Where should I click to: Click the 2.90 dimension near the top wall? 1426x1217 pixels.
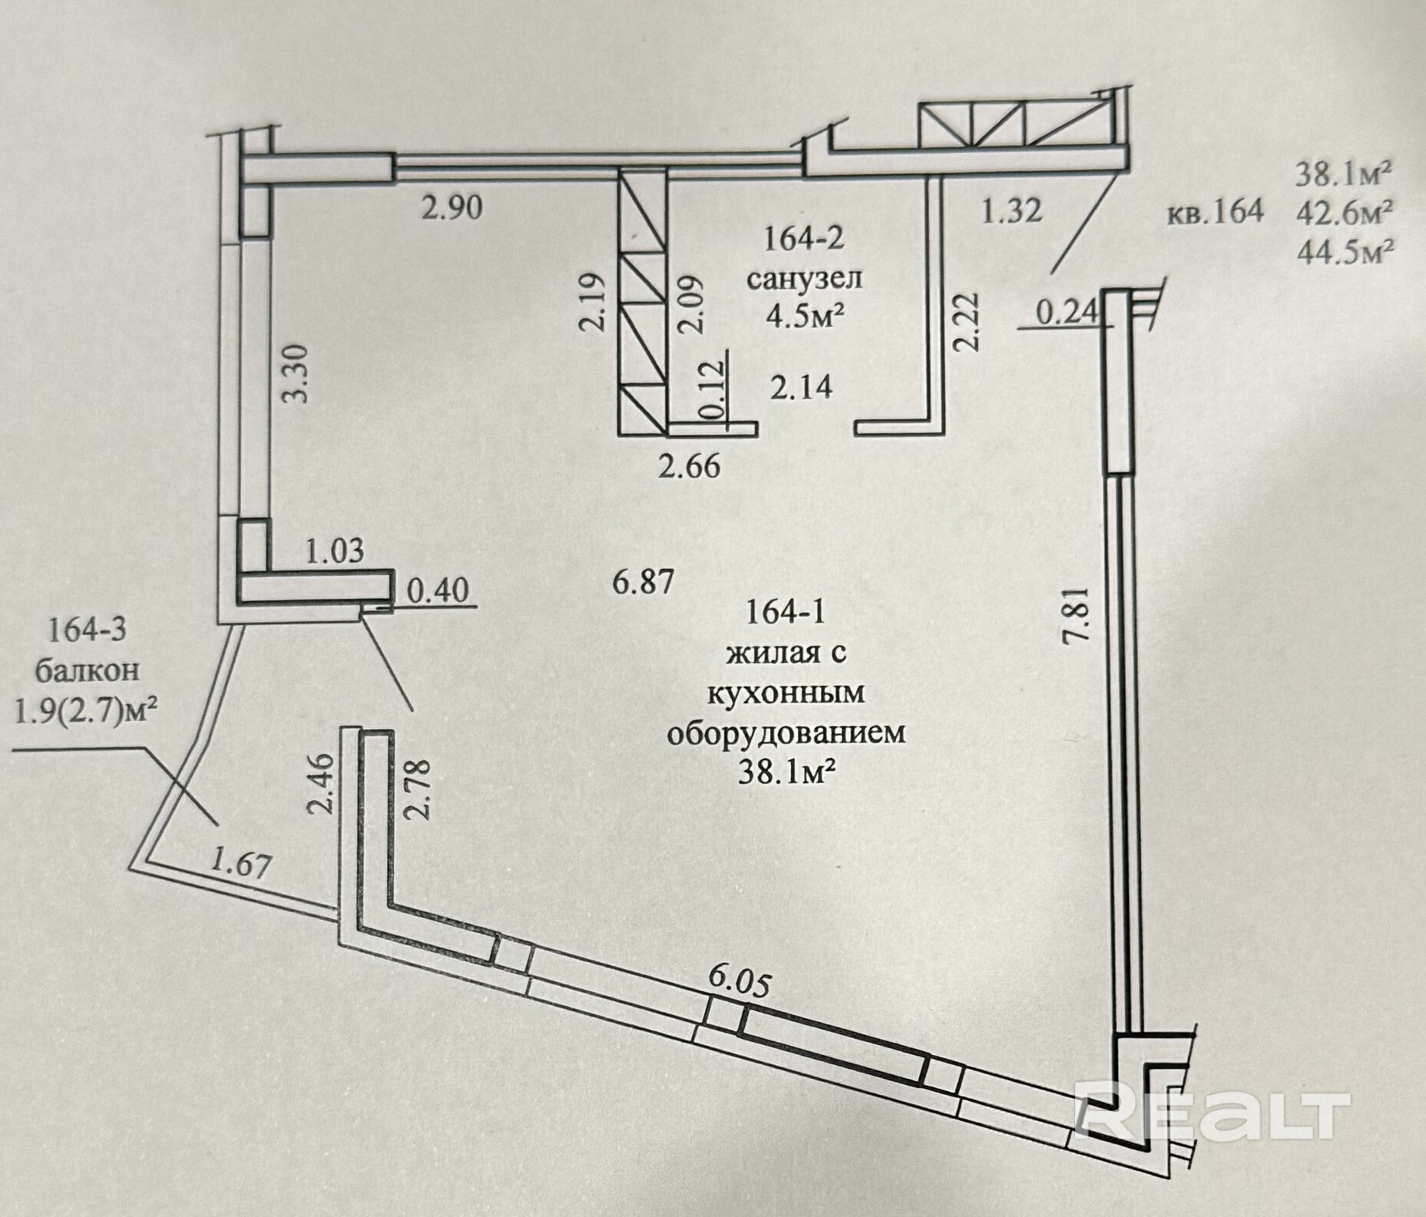click(452, 207)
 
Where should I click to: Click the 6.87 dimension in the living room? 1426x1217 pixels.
click(643, 581)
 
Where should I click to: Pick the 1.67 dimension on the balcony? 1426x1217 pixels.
click(240, 865)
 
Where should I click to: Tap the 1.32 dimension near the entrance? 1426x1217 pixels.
click(1011, 209)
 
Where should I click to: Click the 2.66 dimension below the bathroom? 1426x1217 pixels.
click(690, 465)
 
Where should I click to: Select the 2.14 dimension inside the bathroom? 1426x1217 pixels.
click(801, 386)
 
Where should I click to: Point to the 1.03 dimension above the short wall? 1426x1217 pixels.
click(334, 551)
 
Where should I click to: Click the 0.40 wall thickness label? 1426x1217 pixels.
click(437, 590)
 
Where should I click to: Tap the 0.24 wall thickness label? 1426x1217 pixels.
click(1067, 313)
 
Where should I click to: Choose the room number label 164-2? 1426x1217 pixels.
click(803, 239)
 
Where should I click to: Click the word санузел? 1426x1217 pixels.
click(804, 278)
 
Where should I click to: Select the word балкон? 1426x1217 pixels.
click(88, 670)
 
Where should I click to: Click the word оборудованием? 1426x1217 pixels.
click(786, 733)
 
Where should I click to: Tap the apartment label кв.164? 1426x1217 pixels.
click(1215, 211)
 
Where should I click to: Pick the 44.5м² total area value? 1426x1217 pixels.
click(1345, 250)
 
